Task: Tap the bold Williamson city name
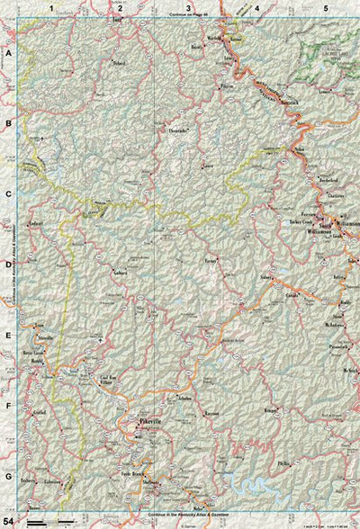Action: click(344, 220)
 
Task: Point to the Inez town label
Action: click(117, 17)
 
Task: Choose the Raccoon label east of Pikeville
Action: click(212, 414)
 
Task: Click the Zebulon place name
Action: click(185, 397)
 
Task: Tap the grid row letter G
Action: click(8, 476)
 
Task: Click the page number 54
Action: click(9, 520)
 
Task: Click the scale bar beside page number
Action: click(49, 520)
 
